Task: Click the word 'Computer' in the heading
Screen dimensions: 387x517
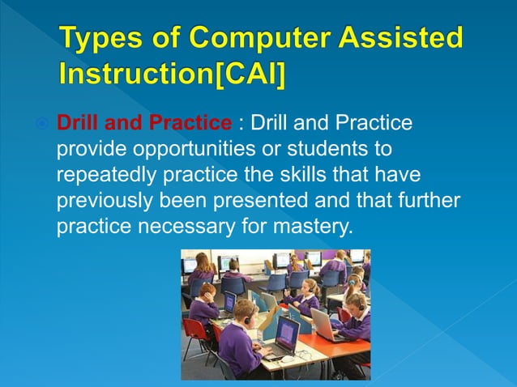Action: point(263,39)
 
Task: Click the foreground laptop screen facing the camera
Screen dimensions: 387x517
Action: point(287,334)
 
